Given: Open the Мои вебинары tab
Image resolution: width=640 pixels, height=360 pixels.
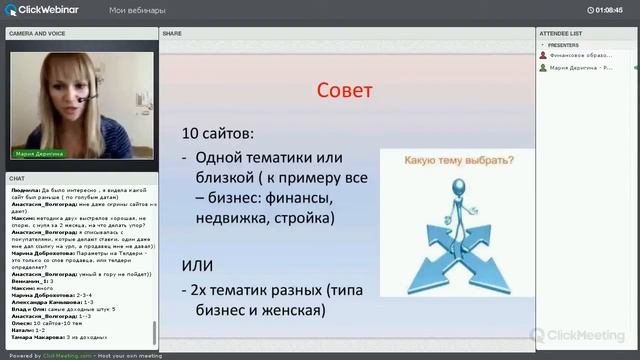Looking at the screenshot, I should click(x=137, y=10).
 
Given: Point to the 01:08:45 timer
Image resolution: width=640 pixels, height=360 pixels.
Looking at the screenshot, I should click(x=609, y=10).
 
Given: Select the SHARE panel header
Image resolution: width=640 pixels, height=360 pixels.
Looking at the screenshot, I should click(x=172, y=33).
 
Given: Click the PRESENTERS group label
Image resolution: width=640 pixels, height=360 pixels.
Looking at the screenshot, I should click(x=564, y=45).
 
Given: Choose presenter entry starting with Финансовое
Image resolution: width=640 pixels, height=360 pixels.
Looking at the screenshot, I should click(x=580, y=55).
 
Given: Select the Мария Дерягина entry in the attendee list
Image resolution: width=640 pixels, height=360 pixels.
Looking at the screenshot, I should click(x=580, y=68).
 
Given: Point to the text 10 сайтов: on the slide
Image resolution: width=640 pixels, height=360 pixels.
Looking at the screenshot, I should click(x=217, y=133).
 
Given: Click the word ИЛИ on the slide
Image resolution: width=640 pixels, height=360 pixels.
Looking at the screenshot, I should click(x=197, y=264).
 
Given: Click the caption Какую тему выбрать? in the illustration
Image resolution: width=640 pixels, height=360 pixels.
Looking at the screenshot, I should click(x=459, y=160).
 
